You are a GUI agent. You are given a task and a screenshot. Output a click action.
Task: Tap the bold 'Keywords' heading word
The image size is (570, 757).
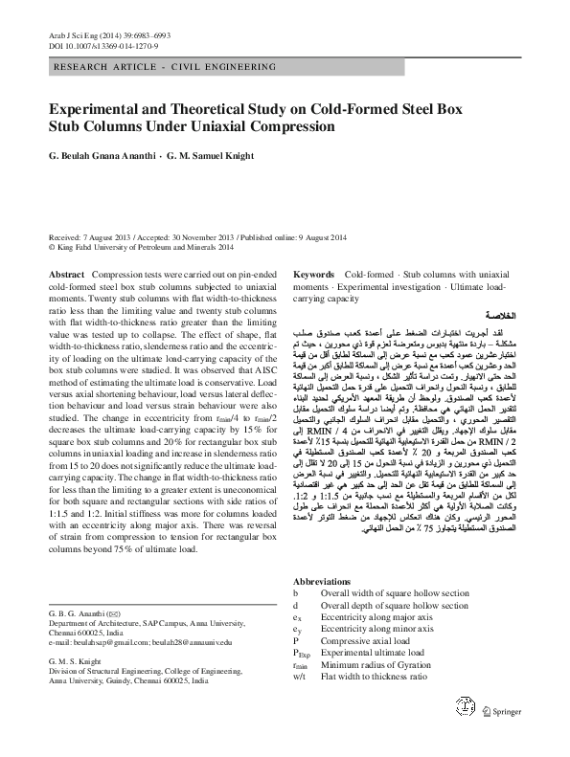[x=313, y=274]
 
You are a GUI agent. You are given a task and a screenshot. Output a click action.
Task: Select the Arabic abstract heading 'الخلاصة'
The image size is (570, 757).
[x=503, y=314]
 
